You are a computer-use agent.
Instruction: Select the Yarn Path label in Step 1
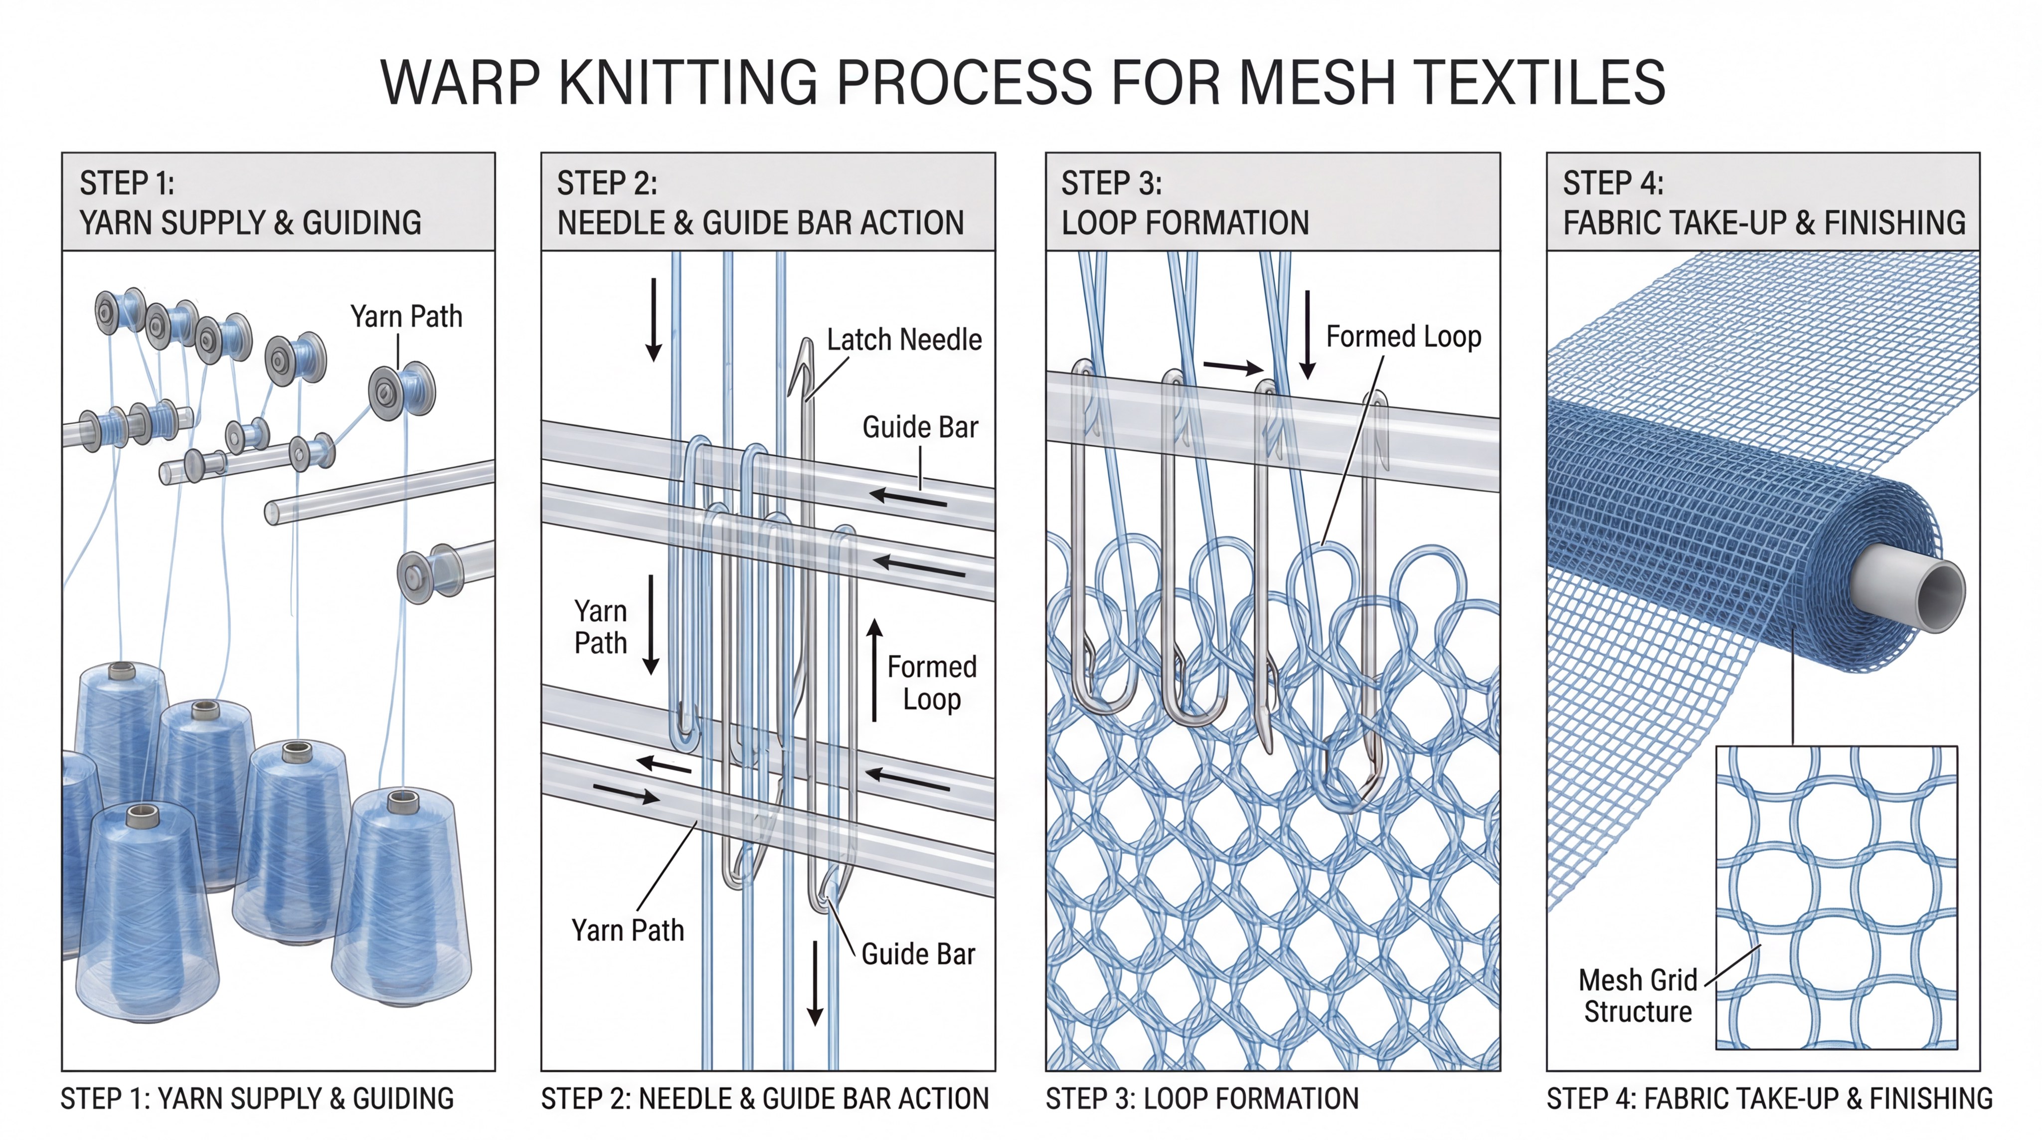pos(406,316)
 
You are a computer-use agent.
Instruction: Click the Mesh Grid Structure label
pos(1637,996)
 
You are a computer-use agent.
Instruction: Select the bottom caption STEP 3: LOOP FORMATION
pos(1202,1099)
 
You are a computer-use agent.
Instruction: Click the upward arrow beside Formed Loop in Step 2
pos(874,669)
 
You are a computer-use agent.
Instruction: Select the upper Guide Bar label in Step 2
pos(919,427)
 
